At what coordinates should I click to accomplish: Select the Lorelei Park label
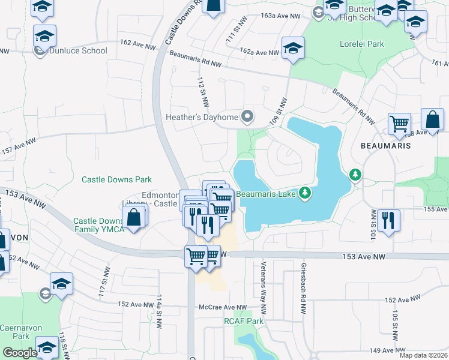(361, 44)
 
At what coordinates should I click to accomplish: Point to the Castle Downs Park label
(116, 179)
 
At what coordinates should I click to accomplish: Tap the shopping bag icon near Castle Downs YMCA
(135, 217)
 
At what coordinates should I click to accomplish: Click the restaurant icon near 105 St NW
(390, 220)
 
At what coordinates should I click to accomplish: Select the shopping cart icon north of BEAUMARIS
(399, 124)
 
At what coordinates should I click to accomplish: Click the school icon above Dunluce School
(44, 35)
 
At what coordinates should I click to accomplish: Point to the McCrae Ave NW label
(223, 307)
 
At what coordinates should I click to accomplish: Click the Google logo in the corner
(20, 353)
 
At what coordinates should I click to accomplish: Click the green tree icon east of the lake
(355, 175)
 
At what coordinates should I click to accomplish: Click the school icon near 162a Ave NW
(293, 49)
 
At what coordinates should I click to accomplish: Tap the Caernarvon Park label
(15, 332)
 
